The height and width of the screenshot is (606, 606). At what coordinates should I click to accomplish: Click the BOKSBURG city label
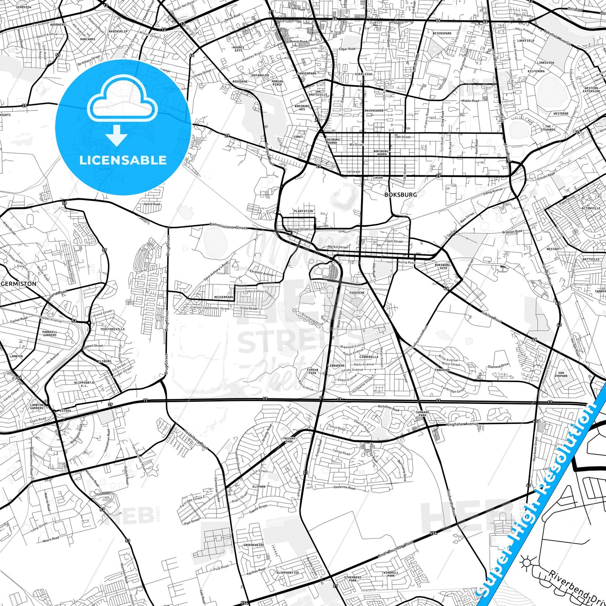tap(401, 195)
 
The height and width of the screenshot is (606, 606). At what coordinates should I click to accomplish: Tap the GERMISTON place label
tap(19, 283)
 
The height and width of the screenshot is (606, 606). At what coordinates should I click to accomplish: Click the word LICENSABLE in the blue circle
tap(123, 160)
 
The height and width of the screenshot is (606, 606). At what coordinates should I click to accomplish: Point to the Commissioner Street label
tap(228, 226)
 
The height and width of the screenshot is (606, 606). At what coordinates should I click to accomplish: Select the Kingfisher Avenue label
tap(462, 424)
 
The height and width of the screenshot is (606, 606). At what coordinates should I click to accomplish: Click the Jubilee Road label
tap(492, 317)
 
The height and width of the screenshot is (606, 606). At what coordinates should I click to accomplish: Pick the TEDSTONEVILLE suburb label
tap(112, 329)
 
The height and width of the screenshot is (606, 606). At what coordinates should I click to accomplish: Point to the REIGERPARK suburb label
tap(224, 297)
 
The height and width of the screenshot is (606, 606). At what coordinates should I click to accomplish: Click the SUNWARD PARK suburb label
tap(422, 414)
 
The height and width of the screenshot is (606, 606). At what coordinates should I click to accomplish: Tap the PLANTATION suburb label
tap(303, 211)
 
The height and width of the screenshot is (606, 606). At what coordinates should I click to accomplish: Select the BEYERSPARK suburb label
tap(442, 33)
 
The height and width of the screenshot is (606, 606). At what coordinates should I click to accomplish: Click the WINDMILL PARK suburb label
tap(391, 574)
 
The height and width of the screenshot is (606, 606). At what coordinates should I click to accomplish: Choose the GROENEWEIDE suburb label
tap(254, 545)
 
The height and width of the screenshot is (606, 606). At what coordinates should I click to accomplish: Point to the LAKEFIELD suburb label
tap(526, 41)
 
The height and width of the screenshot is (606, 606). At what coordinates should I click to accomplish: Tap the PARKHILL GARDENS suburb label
tap(49, 333)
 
